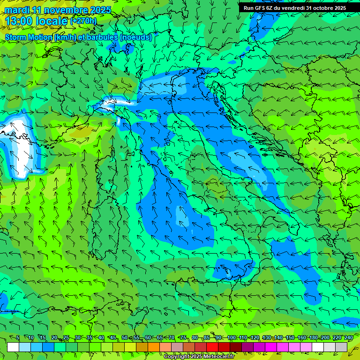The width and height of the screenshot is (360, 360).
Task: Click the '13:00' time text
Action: (x=19, y=21)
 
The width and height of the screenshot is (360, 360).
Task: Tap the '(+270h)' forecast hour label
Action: (x=83, y=21)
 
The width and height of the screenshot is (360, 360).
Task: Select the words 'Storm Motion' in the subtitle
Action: (x=28, y=37)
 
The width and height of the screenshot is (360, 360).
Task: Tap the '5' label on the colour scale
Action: (x=18, y=338)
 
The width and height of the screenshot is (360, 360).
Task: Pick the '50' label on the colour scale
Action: (x=125, y=338)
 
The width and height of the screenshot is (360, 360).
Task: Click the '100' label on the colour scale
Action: (x=232, y=338)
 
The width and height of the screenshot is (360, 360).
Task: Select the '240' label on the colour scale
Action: (x=349, y=338)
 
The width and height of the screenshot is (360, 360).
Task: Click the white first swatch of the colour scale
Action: (x=13, y=347)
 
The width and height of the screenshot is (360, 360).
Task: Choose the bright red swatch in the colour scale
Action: (x=212, y=347)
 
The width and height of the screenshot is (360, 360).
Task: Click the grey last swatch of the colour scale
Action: (x=341, y=347)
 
